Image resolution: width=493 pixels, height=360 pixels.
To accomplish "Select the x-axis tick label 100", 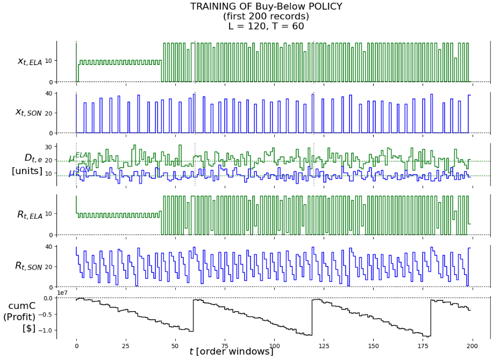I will pyautogui.click(x=274, y=346).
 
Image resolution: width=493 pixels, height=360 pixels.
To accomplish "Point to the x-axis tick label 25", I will pyautogui.click(x=126, y=346).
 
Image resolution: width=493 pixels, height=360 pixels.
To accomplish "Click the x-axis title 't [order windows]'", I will pyautogui.click(x=231, y=352).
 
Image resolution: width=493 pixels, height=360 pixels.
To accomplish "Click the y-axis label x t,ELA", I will pyautogui.click(x=30, y=61).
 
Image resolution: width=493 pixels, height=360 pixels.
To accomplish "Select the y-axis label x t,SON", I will pyautogui.click(x=29, y=112).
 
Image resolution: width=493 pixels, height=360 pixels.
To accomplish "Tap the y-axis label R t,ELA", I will pyautogui.click(x=30, y=215).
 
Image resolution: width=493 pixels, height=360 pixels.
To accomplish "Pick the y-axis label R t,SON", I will pyautogui.click(x=29, y=266).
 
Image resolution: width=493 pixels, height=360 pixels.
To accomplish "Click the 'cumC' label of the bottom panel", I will pyautogui.click(x=22, y=305).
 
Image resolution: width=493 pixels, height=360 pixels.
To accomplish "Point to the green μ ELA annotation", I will pyautogui.click(x=78, y=157).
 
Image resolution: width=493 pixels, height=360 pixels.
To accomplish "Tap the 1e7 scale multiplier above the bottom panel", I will pyautogui.click(x=63, y=293).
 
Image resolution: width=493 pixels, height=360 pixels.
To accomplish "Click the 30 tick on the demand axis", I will pyautogui.click(x=63, y=147).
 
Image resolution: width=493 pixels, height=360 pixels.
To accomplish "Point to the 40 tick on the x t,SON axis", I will pyautogui.click(x=63, y=93).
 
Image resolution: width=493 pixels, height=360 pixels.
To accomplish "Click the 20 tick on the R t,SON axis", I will pyautogui.click(x=63, y=267).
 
